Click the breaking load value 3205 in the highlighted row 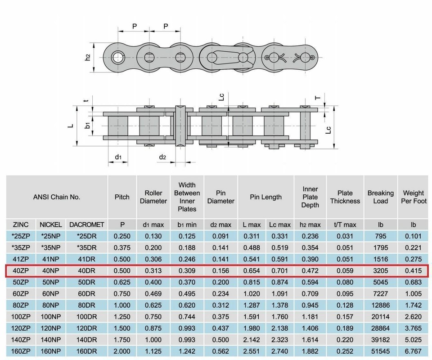(380, 271)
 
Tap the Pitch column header (122, 197)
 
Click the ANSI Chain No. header (57, 197)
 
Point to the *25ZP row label (21, 236)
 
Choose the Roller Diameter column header (153, 197)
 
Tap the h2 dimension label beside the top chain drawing (88, 58)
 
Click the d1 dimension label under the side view (118, 157)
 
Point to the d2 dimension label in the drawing (163, 157)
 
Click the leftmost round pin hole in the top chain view (118, 58)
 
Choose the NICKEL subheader (51, 225)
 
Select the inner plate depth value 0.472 (310, 271)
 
